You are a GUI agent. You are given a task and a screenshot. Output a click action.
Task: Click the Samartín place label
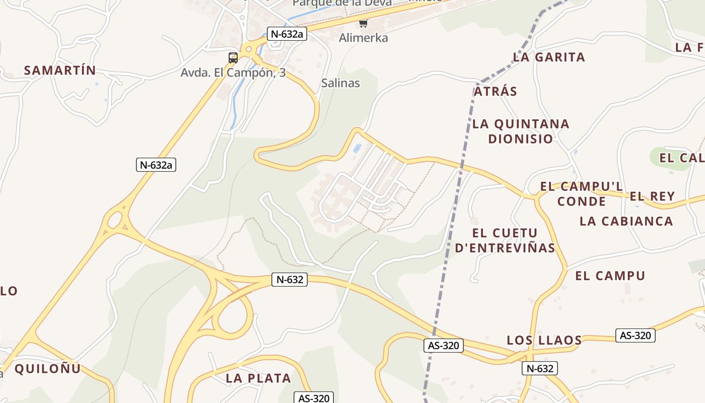[60, 71]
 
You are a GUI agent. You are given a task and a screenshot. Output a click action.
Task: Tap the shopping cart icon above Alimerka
[363, 23]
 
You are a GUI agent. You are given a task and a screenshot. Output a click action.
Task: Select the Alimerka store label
[364, 38]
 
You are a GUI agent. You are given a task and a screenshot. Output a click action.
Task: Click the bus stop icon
[233, 58]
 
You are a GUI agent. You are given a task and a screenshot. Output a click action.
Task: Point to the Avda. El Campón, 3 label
[233, 73]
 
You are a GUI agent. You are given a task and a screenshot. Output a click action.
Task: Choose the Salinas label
[341, 83]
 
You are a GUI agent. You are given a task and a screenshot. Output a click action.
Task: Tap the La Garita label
[549, 57]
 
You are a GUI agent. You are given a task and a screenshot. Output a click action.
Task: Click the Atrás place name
[496, 91]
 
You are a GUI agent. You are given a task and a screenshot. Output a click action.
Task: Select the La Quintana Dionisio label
[521, 131]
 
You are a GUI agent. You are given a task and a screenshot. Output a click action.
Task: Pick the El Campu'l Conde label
[582, 194]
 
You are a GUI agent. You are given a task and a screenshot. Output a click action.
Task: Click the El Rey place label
[652, 196]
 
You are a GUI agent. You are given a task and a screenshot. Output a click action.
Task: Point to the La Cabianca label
[626, 221]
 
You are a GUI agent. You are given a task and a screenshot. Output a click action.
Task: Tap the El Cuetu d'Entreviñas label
[505, 240]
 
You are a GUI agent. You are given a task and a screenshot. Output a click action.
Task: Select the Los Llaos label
[544, 341]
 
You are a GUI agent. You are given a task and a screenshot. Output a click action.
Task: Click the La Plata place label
[258, 378]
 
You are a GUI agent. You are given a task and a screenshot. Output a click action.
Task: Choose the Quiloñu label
[47, 369]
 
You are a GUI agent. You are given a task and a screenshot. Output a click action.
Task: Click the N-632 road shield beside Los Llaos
[539, 368]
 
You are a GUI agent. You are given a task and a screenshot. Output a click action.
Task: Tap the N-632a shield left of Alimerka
[287, 34]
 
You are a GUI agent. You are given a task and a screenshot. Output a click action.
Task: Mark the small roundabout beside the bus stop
[247, 50]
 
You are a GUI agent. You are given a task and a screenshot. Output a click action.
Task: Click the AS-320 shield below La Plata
[314, 398]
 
